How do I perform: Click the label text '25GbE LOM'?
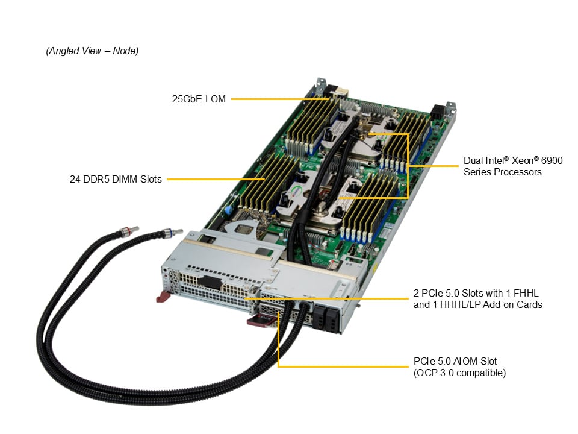(x=199, y=99)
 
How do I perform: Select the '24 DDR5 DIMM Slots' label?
(x=116, y=179)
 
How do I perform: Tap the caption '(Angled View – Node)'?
(x=92, y=51)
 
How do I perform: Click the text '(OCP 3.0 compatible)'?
(x=459, y=373)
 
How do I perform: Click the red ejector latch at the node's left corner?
(x=163, y=297)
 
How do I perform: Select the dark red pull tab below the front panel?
(x=258, y=320)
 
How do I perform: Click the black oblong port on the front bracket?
(x=207, y=282)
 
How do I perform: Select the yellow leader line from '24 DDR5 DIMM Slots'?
(x=217, y=179)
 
